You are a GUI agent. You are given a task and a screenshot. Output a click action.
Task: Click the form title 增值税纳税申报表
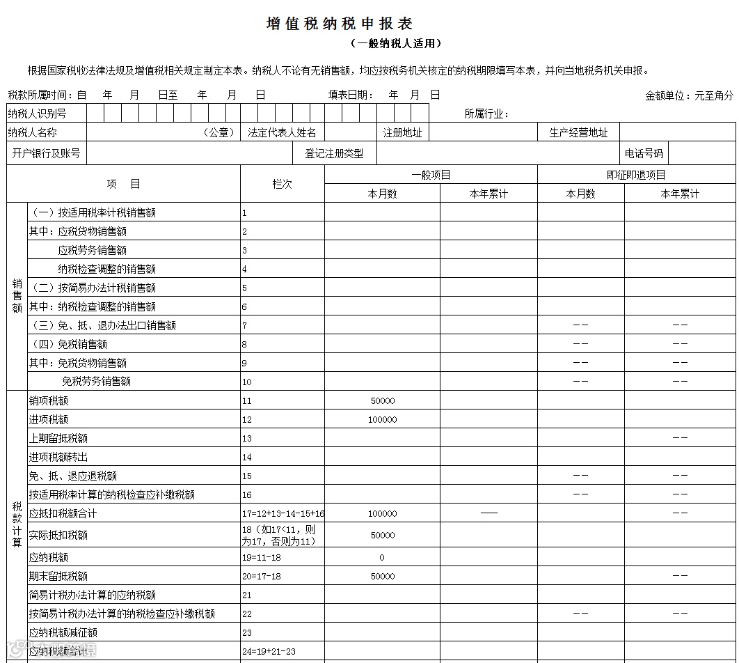click(340, 24)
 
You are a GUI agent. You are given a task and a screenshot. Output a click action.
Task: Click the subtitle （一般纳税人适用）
click(396, 43)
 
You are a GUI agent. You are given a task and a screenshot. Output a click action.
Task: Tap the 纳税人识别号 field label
click(38, 114)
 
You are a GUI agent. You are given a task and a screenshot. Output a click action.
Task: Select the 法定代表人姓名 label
click(282, 132)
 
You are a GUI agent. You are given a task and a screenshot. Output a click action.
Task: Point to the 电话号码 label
click(644, 153)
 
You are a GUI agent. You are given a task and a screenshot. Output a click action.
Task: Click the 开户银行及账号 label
click(46, 153)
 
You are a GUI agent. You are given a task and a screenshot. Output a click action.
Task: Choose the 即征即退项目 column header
click(636, 175)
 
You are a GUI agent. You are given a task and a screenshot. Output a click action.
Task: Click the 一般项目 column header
click(431, 175)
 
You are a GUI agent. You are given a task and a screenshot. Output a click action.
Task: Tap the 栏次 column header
click(282, 184)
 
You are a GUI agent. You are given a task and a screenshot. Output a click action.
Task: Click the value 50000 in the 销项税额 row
click(383, 401)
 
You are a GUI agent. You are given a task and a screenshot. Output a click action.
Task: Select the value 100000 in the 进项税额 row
click(383, 420)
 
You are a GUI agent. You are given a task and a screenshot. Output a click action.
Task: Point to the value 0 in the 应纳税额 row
click(382, 558)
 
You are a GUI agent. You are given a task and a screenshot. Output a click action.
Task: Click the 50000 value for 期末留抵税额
click(383, 577)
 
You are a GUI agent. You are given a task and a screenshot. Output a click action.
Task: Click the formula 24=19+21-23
click(269, 652)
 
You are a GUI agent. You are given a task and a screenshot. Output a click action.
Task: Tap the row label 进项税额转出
click(58, 458)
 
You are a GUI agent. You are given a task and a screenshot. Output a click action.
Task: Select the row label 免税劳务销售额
click(96, 382)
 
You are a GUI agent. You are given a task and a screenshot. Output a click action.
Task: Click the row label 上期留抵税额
click(58, 439)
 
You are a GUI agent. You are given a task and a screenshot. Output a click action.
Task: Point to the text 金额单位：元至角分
click(689, 96)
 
